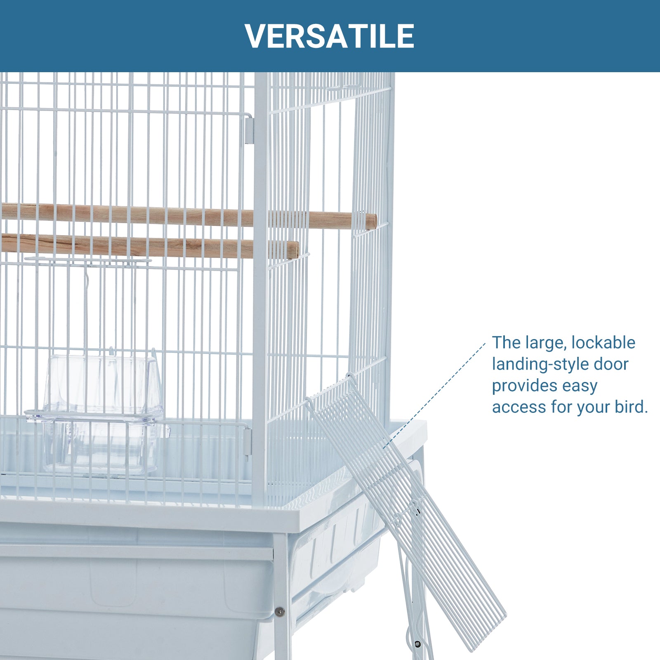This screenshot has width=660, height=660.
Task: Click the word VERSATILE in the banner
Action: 330,36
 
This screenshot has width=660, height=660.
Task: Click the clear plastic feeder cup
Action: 99,412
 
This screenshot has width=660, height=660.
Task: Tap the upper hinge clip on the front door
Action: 248,130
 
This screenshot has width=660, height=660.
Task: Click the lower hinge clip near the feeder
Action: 247,441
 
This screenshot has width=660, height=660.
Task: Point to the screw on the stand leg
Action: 280,611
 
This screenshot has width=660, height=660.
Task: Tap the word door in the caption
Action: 611,364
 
